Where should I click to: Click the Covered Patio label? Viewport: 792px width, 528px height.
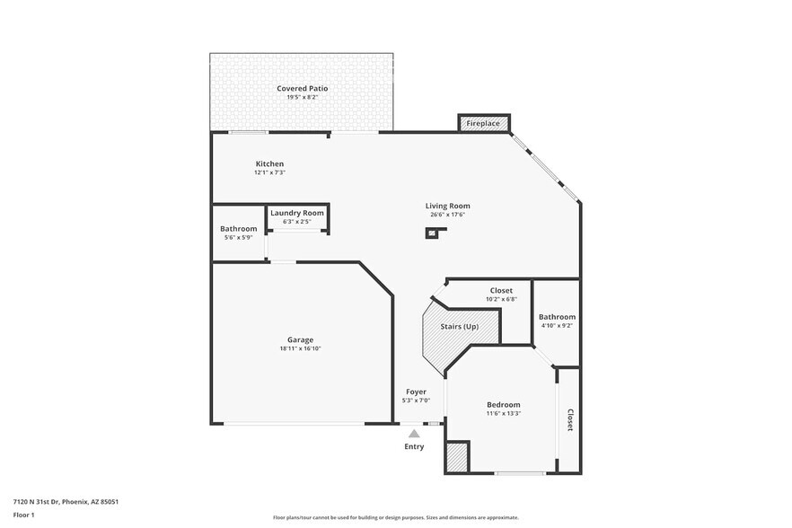point(302,88)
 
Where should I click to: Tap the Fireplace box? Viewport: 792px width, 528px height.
point(483,123)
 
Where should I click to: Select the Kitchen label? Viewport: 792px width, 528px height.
point(269,163)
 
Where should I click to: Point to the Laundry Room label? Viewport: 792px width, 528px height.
point(297,213)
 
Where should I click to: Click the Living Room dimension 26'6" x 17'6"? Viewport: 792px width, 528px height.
point(447,215)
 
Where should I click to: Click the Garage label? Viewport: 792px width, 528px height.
point(300,339)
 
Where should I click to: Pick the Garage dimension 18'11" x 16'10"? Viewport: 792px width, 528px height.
point(300,348)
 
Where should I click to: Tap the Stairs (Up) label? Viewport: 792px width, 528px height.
point(459,326)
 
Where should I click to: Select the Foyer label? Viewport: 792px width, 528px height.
point(416,392)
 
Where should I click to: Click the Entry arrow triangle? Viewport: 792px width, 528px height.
point(414,434)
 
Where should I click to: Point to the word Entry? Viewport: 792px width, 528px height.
point(414,446)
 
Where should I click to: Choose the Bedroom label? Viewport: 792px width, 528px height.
point(503,404)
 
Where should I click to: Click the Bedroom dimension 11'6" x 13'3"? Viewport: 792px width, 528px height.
point(503,414)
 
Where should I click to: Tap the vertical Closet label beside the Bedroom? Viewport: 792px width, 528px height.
point(569,420)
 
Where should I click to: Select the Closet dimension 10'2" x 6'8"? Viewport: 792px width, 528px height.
point(501,299)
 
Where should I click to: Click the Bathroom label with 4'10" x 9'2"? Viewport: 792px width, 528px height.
point(557,317)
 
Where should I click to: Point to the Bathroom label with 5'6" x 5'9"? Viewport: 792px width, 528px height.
point(238,229)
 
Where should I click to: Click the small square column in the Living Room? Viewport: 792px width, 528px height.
point(432,233)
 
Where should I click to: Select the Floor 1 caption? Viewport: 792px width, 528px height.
point(23,515)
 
